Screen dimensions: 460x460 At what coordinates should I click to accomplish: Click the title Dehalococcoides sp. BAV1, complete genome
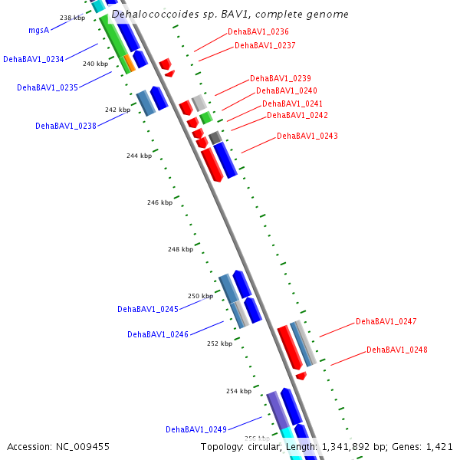pos(230,15)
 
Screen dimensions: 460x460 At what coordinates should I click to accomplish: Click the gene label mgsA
pos(39,31)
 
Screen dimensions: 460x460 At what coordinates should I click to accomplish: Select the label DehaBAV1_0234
pos(33,59)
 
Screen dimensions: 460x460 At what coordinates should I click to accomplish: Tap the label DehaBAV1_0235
pos(48,87)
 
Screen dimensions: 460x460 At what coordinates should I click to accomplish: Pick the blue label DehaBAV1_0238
pos(66,126)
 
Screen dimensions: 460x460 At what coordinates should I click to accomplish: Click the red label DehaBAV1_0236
pos(258,31)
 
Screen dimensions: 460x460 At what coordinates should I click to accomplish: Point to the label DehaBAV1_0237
pos(265,45)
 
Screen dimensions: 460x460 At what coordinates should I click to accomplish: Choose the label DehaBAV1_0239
pos(281,78)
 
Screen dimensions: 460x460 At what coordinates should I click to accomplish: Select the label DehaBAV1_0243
pos(307,136)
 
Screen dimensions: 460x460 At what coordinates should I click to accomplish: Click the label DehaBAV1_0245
pos(148,309)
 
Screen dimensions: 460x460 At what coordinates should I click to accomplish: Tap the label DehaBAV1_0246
pos(158,334)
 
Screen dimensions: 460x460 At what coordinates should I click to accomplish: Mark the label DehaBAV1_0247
pos(386,321)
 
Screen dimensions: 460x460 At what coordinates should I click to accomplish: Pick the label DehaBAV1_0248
pos(397,350)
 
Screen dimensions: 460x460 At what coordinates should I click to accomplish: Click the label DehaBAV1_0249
pos(196,429)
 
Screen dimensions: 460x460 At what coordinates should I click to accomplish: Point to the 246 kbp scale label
pos(159,202)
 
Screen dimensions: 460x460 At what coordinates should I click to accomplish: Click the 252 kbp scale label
pos(219,343)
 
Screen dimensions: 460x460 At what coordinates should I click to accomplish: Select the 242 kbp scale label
pos(117,110)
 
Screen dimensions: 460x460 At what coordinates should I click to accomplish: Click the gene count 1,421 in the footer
pos(438,446)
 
